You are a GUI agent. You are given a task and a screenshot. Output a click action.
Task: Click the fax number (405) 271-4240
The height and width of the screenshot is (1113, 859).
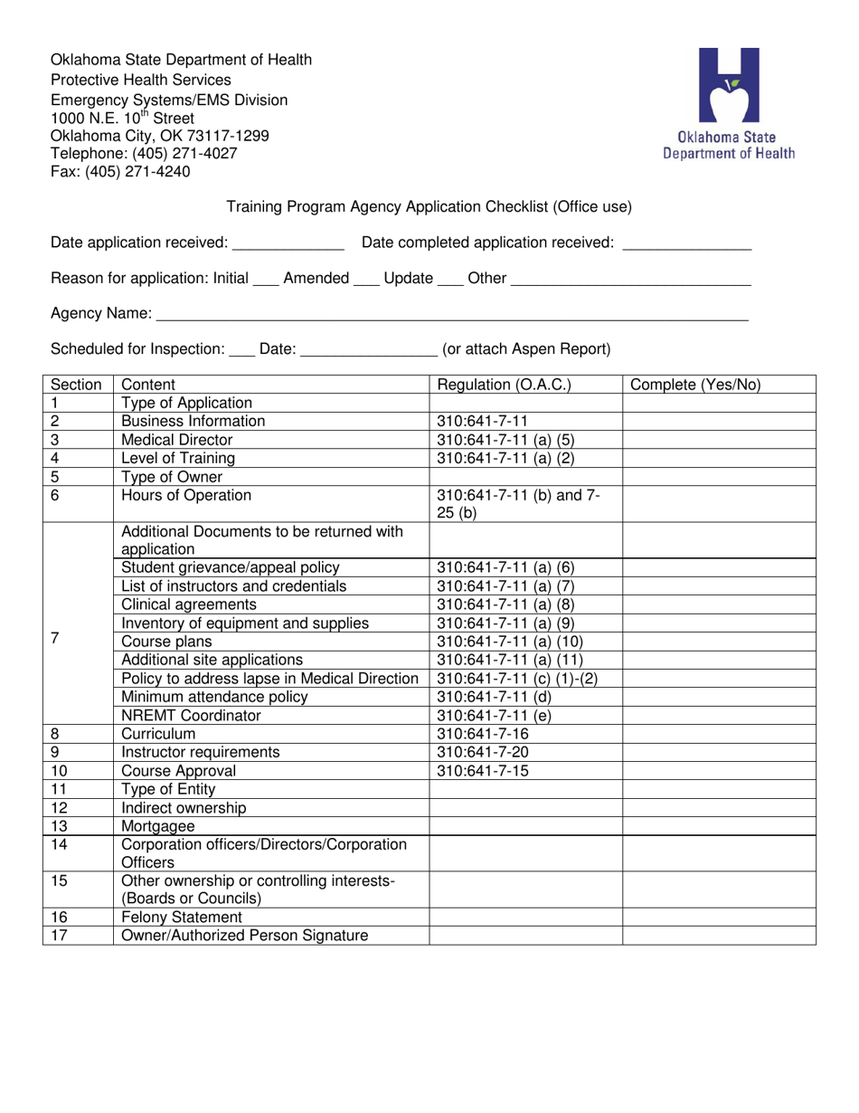pyautogui.click(x=120, y=171)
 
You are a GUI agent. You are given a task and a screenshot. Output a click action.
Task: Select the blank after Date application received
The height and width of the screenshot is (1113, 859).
pyautogui.click(x=288, y=243)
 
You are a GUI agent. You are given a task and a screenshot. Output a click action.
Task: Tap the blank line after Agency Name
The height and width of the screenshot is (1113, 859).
pyautogui.click(x=452, y=315)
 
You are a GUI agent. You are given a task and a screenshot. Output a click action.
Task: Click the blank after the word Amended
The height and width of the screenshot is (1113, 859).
pyautogui.click(x=365, y=280)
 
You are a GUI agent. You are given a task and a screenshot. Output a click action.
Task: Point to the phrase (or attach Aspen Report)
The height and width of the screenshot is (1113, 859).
pyautogui.click(x=525, y=349)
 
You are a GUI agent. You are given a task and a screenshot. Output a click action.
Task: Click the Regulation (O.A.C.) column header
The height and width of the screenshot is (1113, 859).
pyautogui.click(x=504, y=385)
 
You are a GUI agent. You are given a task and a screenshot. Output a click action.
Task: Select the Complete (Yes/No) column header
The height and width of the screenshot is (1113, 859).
pyautogui.click(x=694, y=385)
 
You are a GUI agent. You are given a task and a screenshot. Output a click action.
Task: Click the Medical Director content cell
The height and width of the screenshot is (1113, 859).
pyautogui.click(x=177, y=440)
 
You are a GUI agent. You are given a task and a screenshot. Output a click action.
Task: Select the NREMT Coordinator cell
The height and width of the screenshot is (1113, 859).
pyautogui.click(x=191, y=716)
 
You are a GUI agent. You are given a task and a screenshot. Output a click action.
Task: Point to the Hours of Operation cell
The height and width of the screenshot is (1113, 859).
pyautogui.click(x=186, y=495)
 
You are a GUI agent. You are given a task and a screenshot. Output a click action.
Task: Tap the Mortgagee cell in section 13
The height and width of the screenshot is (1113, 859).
pyautogui.click(x=158, y=826)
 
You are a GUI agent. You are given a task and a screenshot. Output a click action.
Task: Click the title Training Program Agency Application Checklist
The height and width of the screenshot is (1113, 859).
pyautogui.click(x=429, y=206)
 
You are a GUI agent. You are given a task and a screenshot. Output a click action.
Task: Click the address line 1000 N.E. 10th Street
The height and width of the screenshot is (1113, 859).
pyautogui.click(x=122, y=118)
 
